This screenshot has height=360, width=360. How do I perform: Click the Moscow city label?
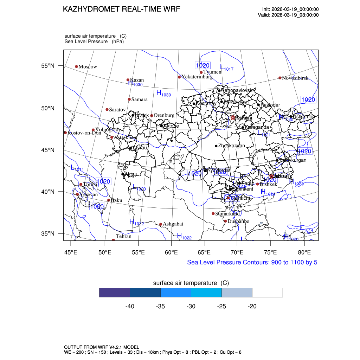tap(88, 67)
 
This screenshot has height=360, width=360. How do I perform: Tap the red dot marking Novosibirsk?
tap(280, 78)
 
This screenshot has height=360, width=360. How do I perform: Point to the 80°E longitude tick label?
tap(304, 252)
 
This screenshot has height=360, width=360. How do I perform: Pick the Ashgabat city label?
tap(173, 224)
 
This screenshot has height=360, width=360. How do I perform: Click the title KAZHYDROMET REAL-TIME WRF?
tap(121, 9)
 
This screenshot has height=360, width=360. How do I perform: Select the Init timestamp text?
tap(290, 9)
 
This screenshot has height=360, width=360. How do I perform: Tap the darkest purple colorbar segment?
tap(115, 292)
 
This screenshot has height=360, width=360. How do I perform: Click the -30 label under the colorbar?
tap(191, 307)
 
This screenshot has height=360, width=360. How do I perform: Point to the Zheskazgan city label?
tap(231, 146)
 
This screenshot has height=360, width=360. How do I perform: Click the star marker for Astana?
tap(233, 117)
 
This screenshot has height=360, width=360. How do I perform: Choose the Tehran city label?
tap(123, 237)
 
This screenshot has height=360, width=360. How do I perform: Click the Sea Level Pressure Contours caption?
tap(252, 262)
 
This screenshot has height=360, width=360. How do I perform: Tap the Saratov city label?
tap(117, 110)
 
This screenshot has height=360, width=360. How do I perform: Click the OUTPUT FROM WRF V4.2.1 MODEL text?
tap(101, 347)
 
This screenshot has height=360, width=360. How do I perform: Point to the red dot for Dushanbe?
tap(225, 221)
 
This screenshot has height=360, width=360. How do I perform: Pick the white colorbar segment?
tap(268, 292)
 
